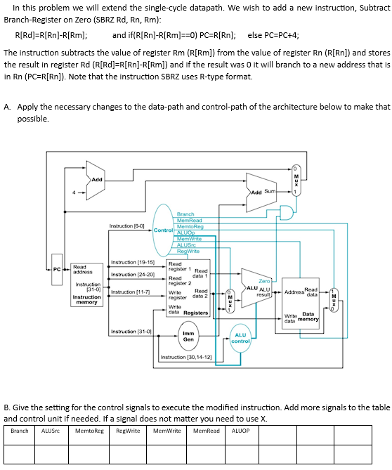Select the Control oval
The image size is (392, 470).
tap(163, 230)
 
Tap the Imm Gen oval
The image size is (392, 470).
tap(188, 337)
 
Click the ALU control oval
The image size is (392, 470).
tap(240, 339)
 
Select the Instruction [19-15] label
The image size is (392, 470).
tap(133, 261)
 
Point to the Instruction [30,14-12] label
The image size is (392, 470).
tap(186, 357)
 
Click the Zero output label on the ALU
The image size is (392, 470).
tap(263, 281)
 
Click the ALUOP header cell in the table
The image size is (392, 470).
tap(240, 431)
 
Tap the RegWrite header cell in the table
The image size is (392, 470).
tap(127, 431)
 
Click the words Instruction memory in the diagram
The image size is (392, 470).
tap(87, 300)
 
